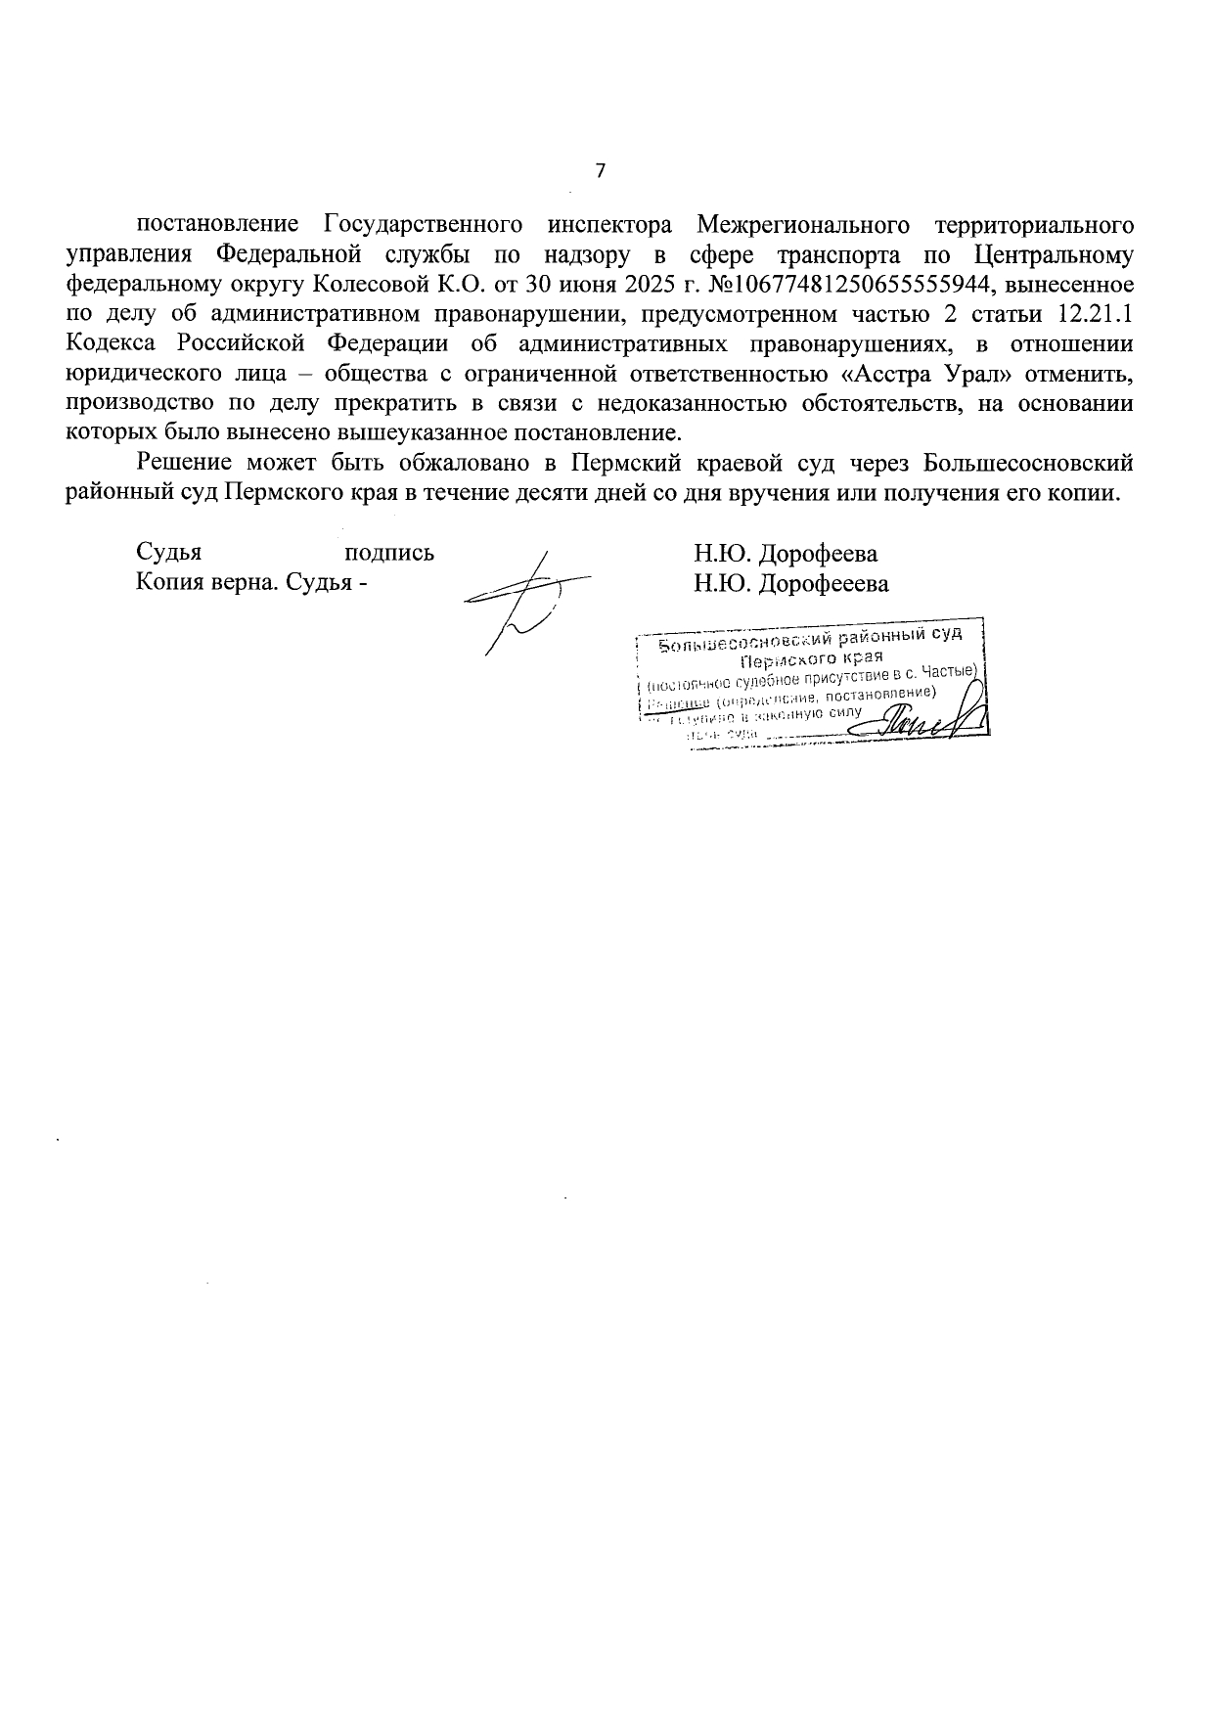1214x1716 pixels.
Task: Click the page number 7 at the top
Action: [601, 171]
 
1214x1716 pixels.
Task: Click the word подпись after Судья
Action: [390, 553]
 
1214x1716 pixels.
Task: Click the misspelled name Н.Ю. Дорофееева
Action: [791, 584]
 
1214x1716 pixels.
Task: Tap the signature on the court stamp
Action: [929, 719]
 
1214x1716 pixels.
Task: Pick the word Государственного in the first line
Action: [421, 225]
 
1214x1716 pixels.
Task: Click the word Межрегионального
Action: [805, 225]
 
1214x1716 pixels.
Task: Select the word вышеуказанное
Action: [432, 432]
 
